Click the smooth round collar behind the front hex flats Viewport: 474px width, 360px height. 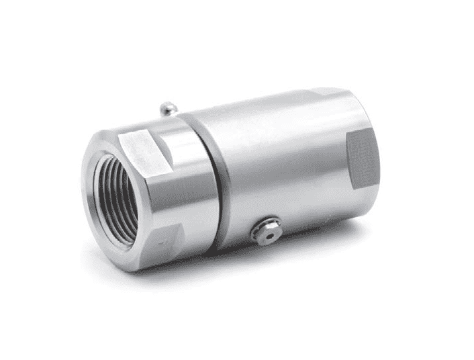tap(198, 188)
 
